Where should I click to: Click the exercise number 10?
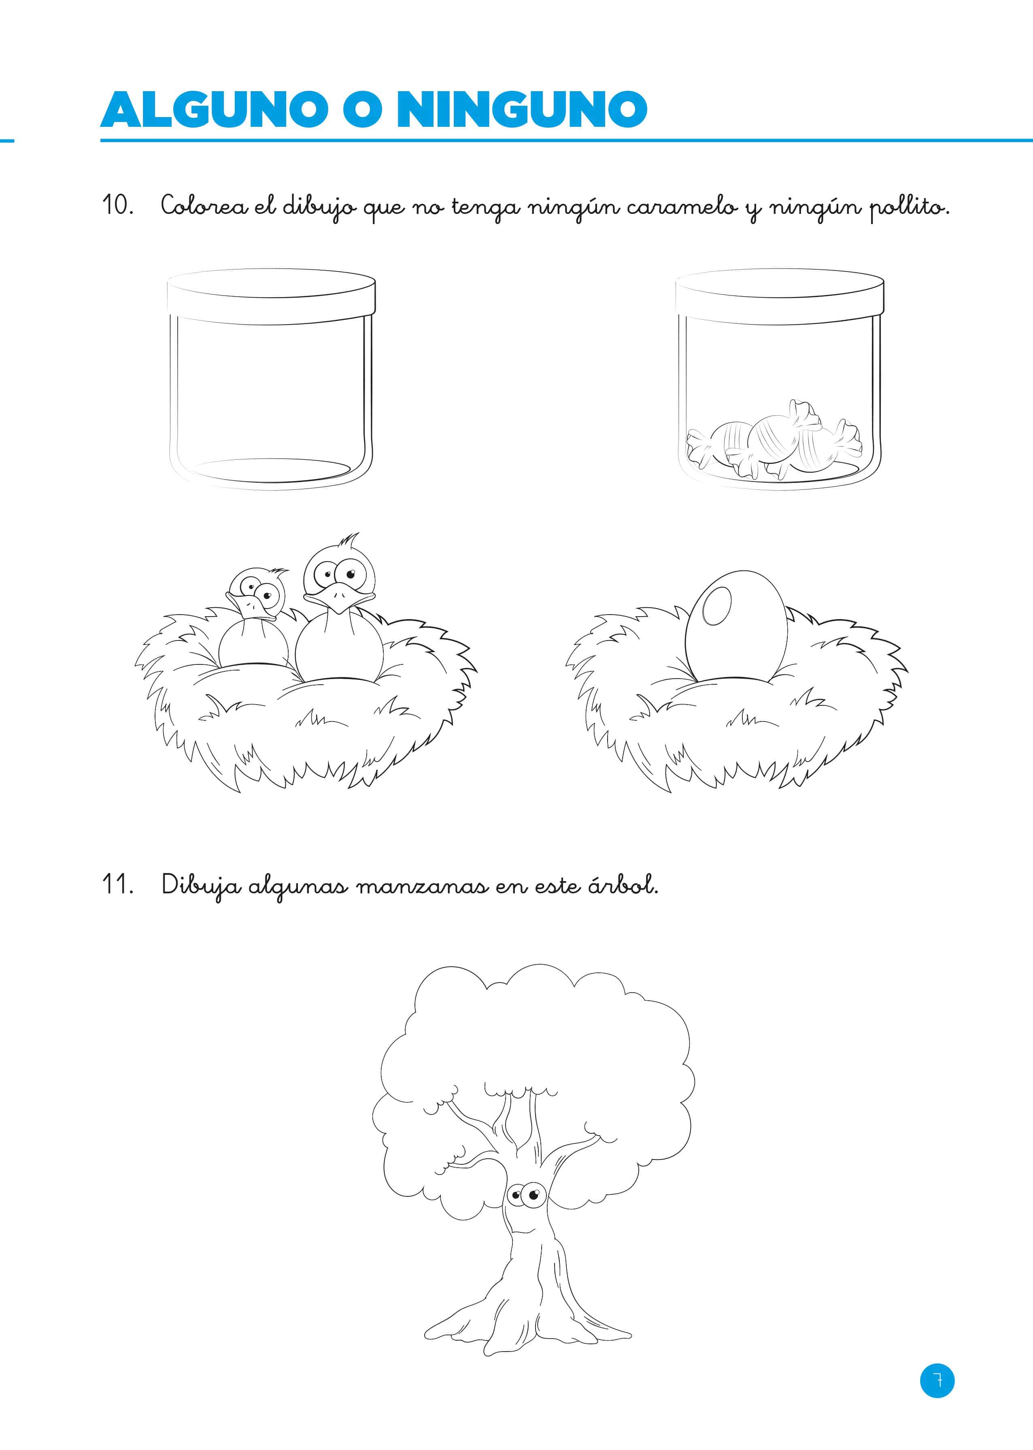tap(118, 205)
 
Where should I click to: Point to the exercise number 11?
tap(118, 885)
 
